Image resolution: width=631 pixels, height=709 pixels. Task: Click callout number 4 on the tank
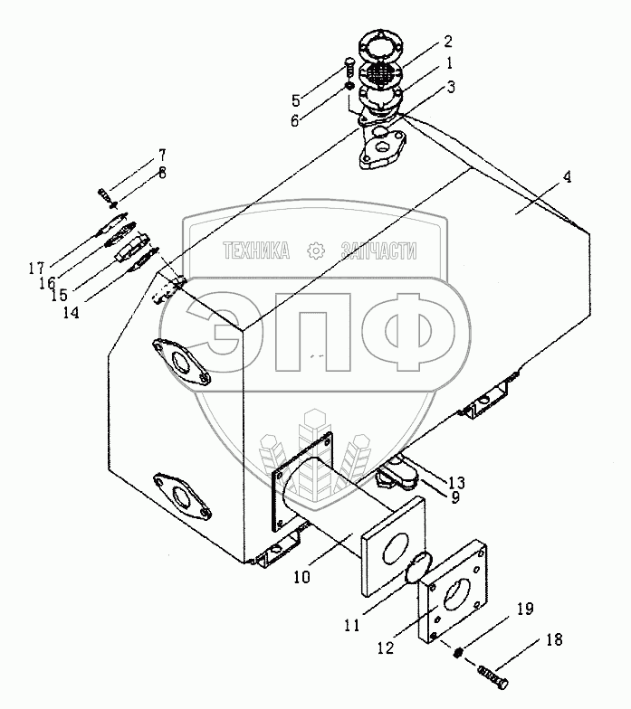tap(567, 176)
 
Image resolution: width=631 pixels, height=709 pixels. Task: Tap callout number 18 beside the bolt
tap(553, 640)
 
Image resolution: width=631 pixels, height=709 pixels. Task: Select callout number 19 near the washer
tap(525, 609)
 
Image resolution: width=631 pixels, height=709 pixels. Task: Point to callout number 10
tap(302, 577)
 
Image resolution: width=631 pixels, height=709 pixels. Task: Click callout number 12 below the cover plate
tap(386, 648)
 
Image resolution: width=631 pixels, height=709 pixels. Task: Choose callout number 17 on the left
tap(36, 268)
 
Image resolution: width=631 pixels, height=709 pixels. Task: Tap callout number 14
tap(71, 312)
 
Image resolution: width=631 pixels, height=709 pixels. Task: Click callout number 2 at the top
tap(447, 42)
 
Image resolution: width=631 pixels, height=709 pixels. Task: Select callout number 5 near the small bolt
tap(295, 99)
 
